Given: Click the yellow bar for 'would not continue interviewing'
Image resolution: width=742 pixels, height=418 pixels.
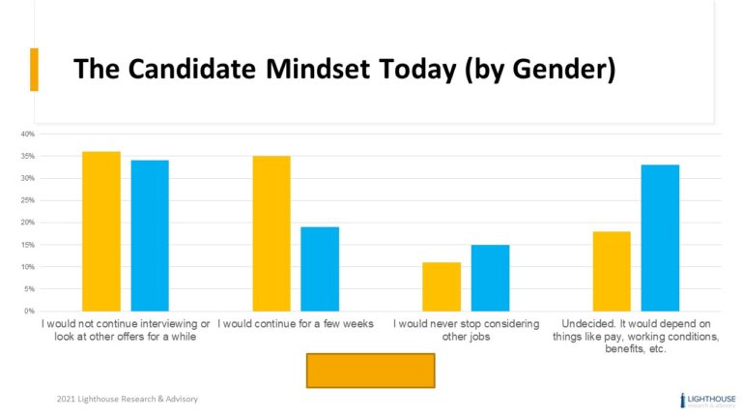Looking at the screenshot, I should click(101, 231).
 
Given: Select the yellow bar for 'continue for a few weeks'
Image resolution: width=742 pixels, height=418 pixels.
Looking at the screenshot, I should click(271, 233).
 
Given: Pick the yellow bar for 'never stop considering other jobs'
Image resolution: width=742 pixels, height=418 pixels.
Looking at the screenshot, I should click(442, 286).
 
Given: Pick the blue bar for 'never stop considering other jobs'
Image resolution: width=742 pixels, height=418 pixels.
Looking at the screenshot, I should click(490, 278).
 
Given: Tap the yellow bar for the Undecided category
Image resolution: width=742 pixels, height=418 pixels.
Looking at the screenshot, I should click(612, 271).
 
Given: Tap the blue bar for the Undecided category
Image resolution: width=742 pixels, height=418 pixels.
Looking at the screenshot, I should click(660, 238).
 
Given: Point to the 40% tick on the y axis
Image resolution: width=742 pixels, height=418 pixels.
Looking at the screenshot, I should click(28, 134).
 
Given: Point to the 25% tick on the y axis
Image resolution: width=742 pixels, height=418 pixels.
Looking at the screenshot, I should click(28, 200).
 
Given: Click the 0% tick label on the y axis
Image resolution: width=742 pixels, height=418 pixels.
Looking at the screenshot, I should click(30, 312).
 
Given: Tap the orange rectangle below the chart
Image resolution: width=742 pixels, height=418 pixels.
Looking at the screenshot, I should click(370, 370).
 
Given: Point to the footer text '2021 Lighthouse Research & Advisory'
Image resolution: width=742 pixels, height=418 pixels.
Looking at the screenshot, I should click(126, 399).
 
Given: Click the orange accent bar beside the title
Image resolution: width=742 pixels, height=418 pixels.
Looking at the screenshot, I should click(35, 70).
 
